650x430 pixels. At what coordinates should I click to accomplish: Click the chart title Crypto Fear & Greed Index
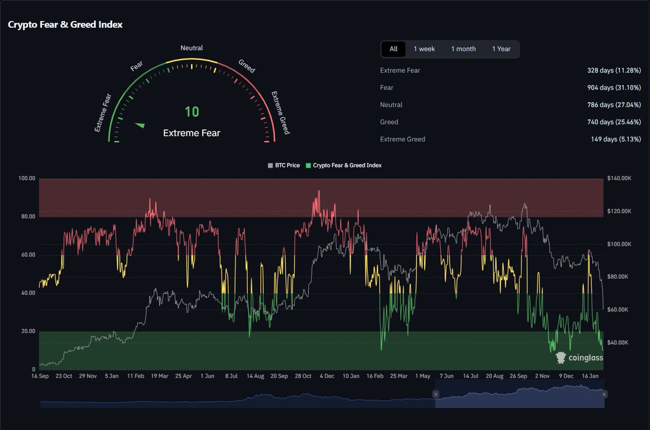click(x=65, y=25)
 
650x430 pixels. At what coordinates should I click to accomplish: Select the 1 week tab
click(x=424, y=49)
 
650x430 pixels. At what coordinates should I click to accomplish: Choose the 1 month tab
click(x=463, y=49)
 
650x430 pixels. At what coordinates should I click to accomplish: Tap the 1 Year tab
click(x=501, y=49)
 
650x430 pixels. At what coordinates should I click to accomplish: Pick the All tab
click(x=393, y=49)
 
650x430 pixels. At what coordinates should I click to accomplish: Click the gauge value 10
click(x=192, y=112)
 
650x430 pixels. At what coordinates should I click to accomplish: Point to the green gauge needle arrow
click(x=140, y=125)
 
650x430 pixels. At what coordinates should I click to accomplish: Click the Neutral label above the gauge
click(x=192, y=48)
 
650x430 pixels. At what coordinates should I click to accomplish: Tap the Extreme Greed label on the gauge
click(x=280, y=113)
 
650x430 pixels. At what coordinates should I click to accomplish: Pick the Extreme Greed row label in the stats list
click(x=402, y=139)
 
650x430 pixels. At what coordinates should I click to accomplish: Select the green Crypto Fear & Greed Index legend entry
click(x=344, y=165)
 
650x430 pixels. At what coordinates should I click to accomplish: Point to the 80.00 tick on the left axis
click(x=27, y=217)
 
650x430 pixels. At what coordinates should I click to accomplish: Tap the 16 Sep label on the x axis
click(x=41, y=376)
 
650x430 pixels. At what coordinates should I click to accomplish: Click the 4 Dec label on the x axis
click(x=327, y=376)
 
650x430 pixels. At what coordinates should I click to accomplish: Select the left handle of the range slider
click(x=435, y=394)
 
